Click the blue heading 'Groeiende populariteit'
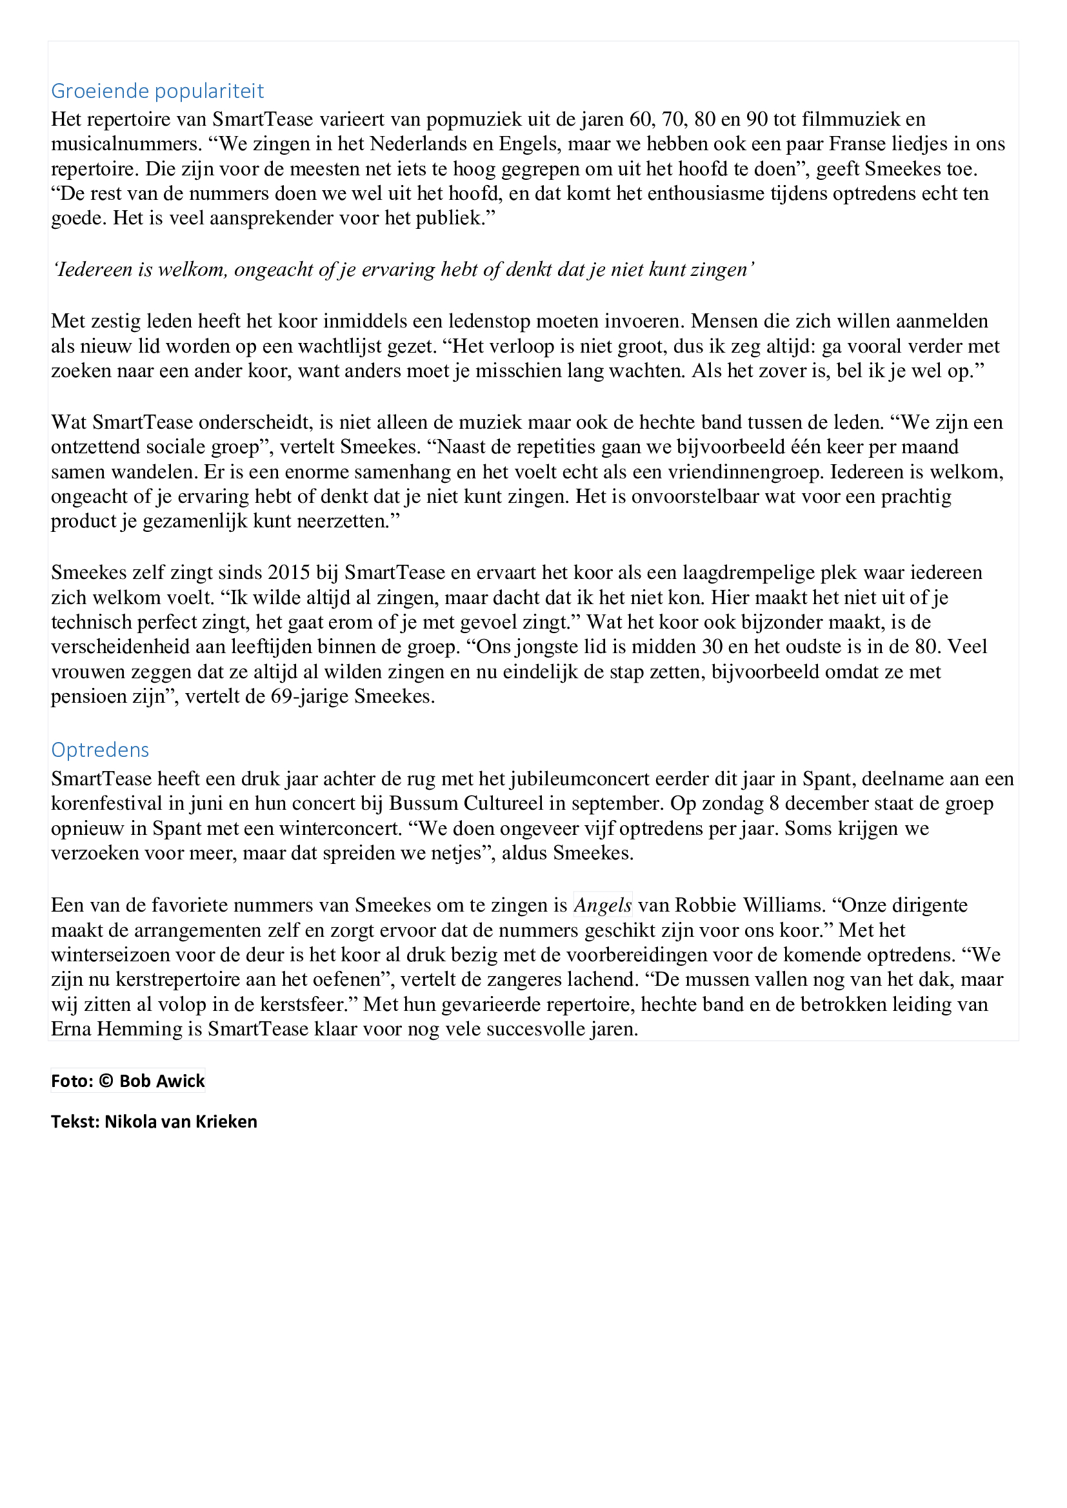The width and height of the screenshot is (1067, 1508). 157,91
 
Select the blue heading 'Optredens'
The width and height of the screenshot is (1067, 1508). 100,749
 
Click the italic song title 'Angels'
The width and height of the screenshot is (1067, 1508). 603,905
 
